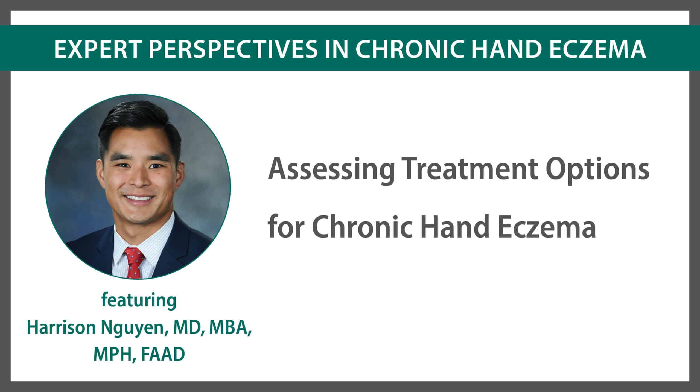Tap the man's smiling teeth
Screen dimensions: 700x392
point(138,197)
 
